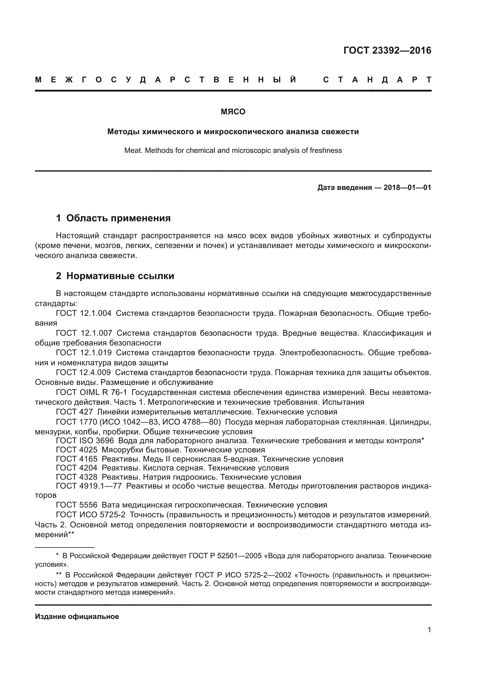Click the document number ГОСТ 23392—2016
[387, 50]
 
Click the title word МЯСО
[233, 112]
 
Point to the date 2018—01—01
[407, 188]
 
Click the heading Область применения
[118, 218]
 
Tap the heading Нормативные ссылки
[120, 276]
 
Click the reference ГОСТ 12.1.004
[84, 313]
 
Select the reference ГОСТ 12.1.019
[84, 353]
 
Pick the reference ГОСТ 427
[74, 412]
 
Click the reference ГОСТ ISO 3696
[85, 441]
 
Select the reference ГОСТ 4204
[77, 468]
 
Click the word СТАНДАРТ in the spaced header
[377, 80]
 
